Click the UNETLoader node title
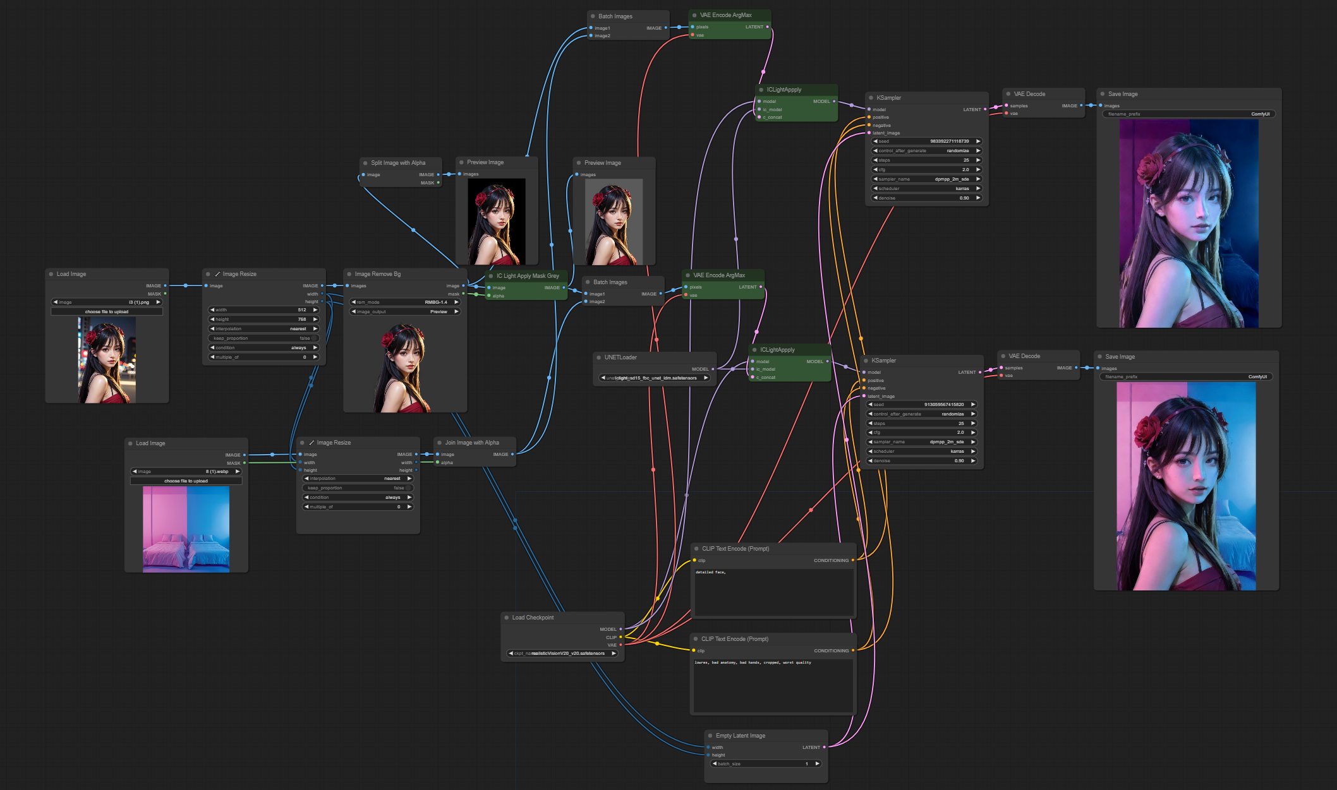coord(620,357)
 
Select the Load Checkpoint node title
coord(533,618)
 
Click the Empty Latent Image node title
coord(740,736)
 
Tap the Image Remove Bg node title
coord(377,274)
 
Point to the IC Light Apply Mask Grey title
coord(527,276)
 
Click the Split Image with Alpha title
coord(397,163)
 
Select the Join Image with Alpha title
coord(471,443)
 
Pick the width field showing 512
coord(263,310)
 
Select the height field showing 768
coord(263,320)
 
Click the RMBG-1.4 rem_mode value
coord(405,302)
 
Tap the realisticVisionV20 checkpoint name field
coord(562,654)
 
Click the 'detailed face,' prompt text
coord(711,572)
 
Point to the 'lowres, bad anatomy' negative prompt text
coord(752,662)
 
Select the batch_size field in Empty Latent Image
coord(765,764)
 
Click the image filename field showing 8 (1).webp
coord(186,472)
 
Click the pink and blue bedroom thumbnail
coord(186,529)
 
